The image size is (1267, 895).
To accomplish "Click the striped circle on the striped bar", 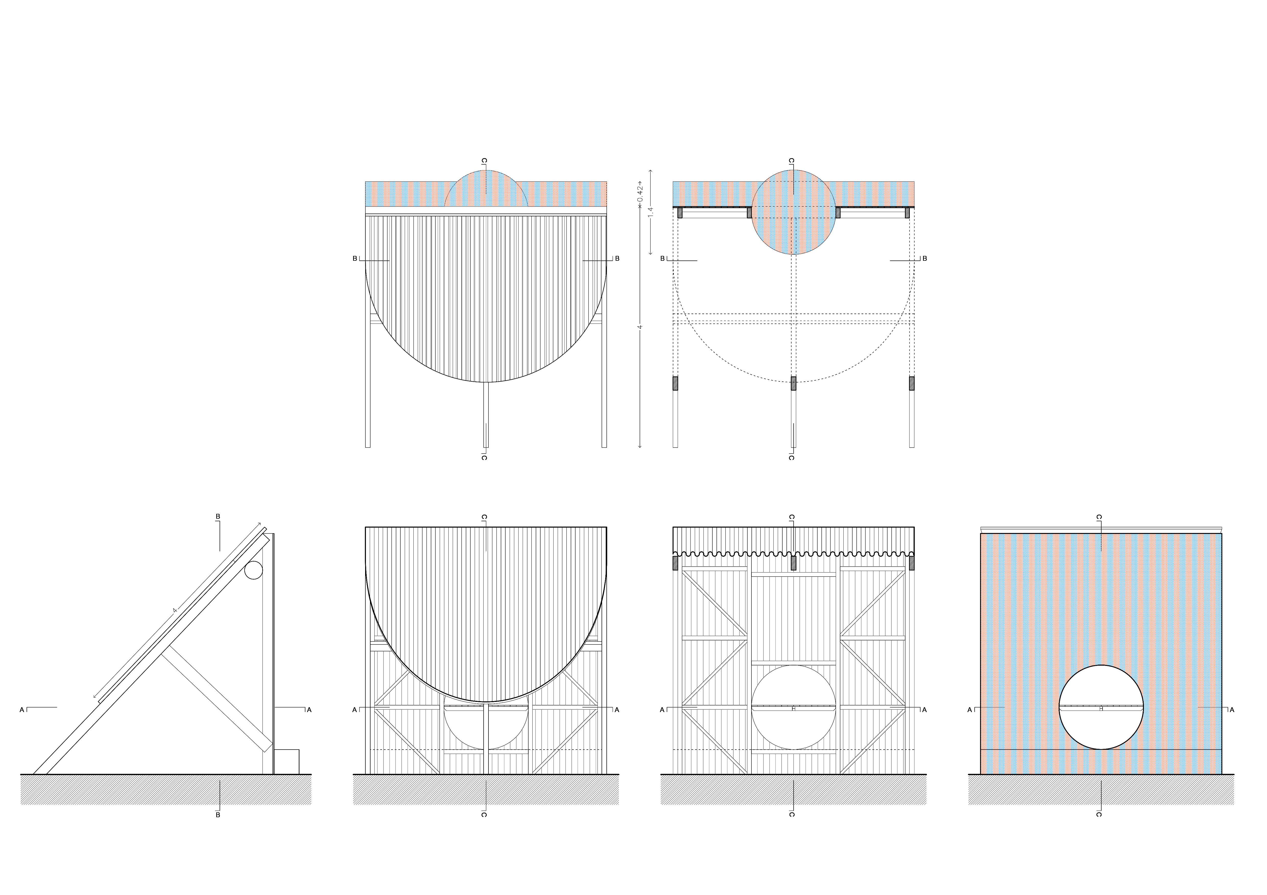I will [x=794, y=212].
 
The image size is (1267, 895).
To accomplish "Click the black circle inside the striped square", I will [x=1101, y=707].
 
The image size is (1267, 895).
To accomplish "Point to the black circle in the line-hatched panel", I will [x=794, y=707].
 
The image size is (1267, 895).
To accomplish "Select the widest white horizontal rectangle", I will [x=788, y=484].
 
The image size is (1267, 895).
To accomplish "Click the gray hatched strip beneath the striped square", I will [x=1101, y=790].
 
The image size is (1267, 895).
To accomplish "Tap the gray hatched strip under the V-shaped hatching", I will [x=486, y=790].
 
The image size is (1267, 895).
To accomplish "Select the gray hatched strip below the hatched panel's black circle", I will [x=794, y=790].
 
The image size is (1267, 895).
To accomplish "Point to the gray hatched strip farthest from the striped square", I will [x=165, y=790].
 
